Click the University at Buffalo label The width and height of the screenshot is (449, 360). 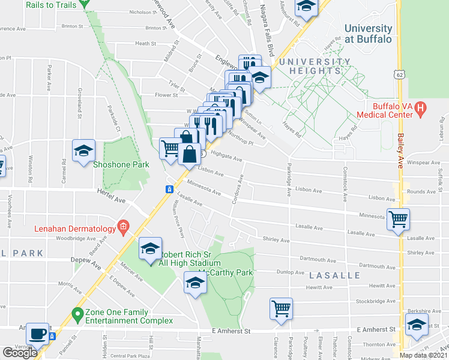pos(368,34)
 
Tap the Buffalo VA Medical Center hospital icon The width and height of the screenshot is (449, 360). pos(421,109)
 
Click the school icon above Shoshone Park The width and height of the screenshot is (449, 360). pos(83,152)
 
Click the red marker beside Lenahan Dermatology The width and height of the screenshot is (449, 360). pos(124,227)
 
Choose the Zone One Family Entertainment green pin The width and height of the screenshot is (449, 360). pos(77,313)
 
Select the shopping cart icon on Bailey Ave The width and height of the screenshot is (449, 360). pos(398,219)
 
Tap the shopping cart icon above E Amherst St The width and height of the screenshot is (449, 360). pos(281,309)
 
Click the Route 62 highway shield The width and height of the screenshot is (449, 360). pos(399,75)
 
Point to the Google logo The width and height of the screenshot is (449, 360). pos(20,353)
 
